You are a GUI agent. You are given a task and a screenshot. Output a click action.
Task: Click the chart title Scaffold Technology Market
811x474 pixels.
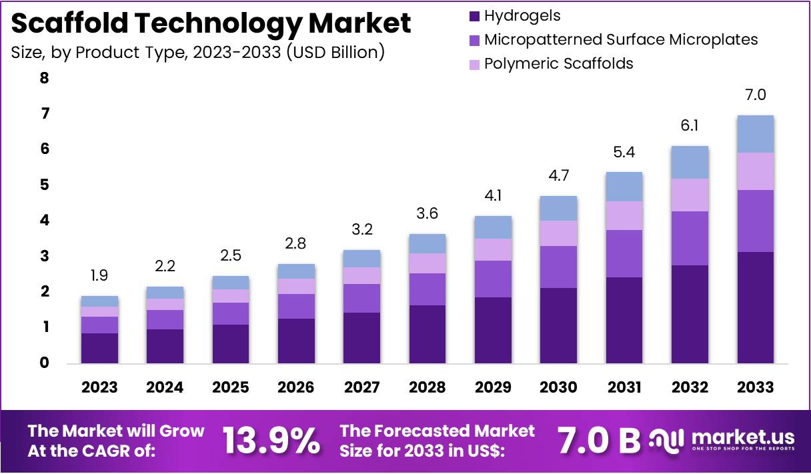pos(211,24)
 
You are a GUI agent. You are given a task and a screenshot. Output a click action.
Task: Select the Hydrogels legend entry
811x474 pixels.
pos(522,15)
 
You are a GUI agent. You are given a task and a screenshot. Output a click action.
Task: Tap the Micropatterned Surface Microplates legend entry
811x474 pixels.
pos(620,39)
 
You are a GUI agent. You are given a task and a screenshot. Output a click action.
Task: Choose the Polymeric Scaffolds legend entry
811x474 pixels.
pos(558,63)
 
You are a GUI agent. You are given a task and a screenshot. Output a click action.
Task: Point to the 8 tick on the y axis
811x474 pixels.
pos(44,78)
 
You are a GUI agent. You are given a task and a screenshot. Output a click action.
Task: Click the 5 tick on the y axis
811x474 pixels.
pos(44,185)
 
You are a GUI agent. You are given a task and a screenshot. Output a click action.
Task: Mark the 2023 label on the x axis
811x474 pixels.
pos(99,387)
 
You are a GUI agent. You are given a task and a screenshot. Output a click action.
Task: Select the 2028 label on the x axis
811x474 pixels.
pos(428,387)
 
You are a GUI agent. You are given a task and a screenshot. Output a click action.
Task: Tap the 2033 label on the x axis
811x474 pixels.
pos(756,387)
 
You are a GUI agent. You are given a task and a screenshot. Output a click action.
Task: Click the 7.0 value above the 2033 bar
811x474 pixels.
pos(756,95)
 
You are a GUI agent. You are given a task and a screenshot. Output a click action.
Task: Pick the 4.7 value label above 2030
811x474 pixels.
pos(559,176)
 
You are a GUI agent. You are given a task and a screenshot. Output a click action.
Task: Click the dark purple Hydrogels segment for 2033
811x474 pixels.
pos(756,307)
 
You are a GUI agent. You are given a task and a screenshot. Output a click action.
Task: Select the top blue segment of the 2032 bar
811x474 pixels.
pos(690,162)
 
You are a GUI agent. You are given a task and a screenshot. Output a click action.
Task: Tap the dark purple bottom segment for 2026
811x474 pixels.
pos(296,341)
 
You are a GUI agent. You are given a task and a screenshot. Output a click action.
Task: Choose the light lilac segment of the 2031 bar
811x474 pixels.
pos(624,215)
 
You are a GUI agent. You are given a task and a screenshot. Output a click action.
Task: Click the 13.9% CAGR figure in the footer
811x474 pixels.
pos(271,441)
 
